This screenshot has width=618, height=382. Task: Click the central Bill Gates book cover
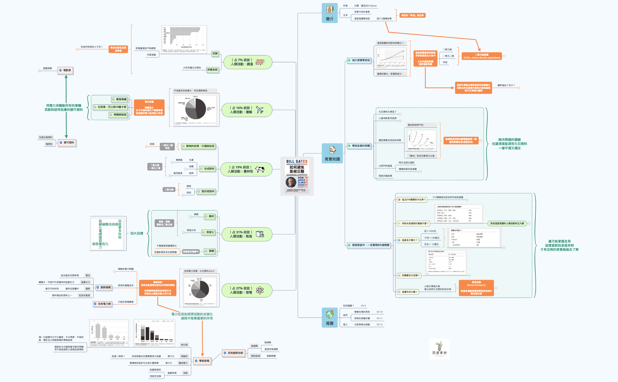[297, 176]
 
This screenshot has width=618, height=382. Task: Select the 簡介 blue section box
[329, 13]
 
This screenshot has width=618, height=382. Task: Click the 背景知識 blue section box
[332, 153]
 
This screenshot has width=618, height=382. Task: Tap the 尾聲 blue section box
[329, 317]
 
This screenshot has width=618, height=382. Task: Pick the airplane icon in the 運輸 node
[260, 110]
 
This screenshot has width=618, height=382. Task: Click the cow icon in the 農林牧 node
[260, 169]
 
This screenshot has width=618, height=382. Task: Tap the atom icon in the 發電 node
[260, 290]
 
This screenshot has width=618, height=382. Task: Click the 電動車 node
[65, 70]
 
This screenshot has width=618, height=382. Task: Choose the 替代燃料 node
[67, 143]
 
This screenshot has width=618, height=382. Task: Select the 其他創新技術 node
[233, 353]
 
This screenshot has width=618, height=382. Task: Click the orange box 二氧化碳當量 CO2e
[481, 56]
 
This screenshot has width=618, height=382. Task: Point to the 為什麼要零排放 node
[359, 60]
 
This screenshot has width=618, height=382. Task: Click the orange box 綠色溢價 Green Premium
[476, 288]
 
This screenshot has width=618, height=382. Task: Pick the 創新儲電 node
[104, 287]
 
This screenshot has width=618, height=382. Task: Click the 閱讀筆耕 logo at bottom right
[439, 349]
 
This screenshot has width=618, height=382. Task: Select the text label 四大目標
[137, 233]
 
